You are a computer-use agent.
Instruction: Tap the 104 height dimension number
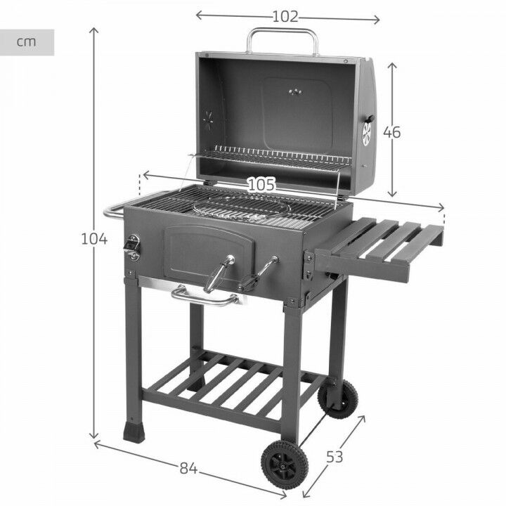point(94,239)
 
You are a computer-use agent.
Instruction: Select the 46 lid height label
point(391,132)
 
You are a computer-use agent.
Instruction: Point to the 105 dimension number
point(261,184)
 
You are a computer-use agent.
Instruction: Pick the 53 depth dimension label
point(335,457)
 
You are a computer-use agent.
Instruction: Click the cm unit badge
point(27,41)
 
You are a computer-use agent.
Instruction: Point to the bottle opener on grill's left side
point(132,246)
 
